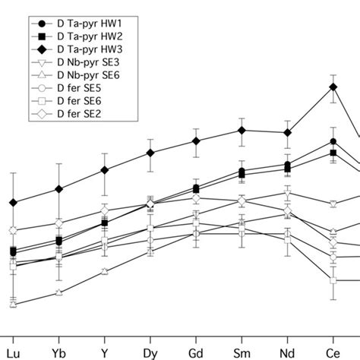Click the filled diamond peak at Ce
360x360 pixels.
(x=333, y=87)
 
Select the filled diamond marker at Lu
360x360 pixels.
(x=13, y=203)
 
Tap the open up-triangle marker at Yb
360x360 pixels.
(x=58, y=292)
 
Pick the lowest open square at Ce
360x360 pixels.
(x=333, y=281)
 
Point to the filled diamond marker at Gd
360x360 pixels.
(x=196, y=141)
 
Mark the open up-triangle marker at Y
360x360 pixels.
(x=104, y=271)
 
